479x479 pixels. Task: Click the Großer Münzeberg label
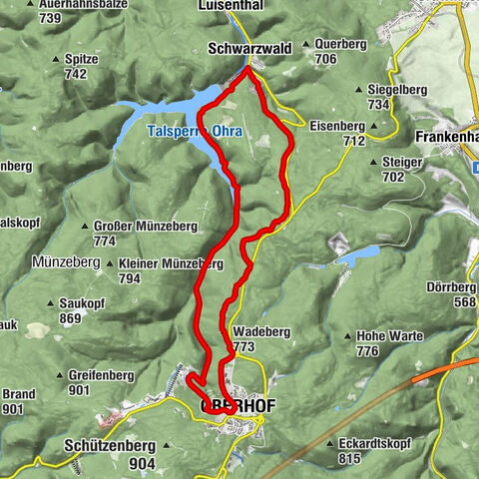pyautogui.click(x=135, y=227)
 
